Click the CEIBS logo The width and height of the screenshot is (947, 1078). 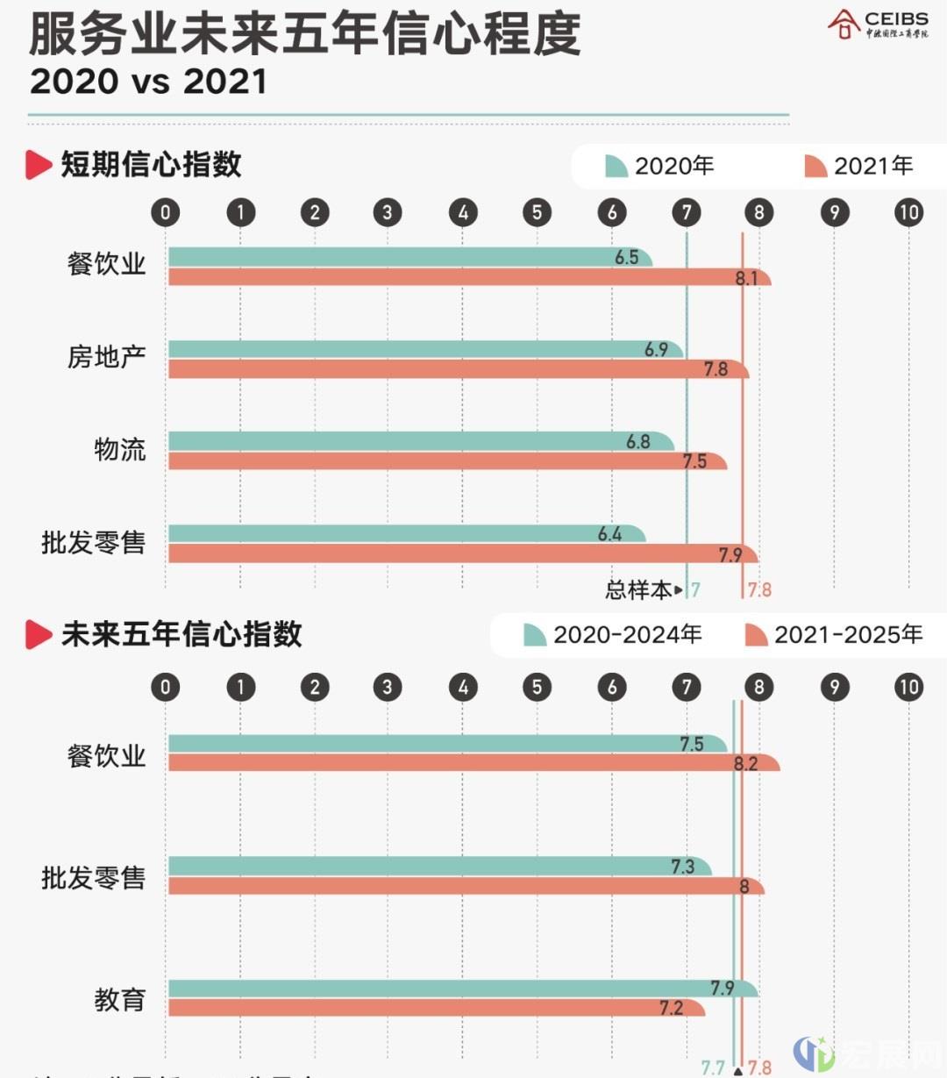(x=878, y=25)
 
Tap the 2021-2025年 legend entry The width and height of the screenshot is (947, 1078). (x=833, y=634)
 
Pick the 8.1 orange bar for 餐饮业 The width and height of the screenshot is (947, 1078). (x=469, y=278)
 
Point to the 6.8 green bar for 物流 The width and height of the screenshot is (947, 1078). (x=421, y=440)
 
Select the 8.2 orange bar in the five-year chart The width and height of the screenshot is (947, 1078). (x=473, y=763)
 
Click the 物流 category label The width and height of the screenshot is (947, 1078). (x=120, y=450)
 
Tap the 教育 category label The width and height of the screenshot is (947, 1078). (x=120, y=999)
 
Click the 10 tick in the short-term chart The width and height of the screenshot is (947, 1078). (x=908, y=212)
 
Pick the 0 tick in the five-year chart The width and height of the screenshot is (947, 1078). (x=166, y=687)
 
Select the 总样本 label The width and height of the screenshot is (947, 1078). (x=637, y=590)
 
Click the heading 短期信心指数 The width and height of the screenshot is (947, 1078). (x=151, y=165)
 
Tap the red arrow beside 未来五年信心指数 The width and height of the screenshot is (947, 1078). (x=39, y=634)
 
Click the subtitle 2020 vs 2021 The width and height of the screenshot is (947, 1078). (x=148, y=82)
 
